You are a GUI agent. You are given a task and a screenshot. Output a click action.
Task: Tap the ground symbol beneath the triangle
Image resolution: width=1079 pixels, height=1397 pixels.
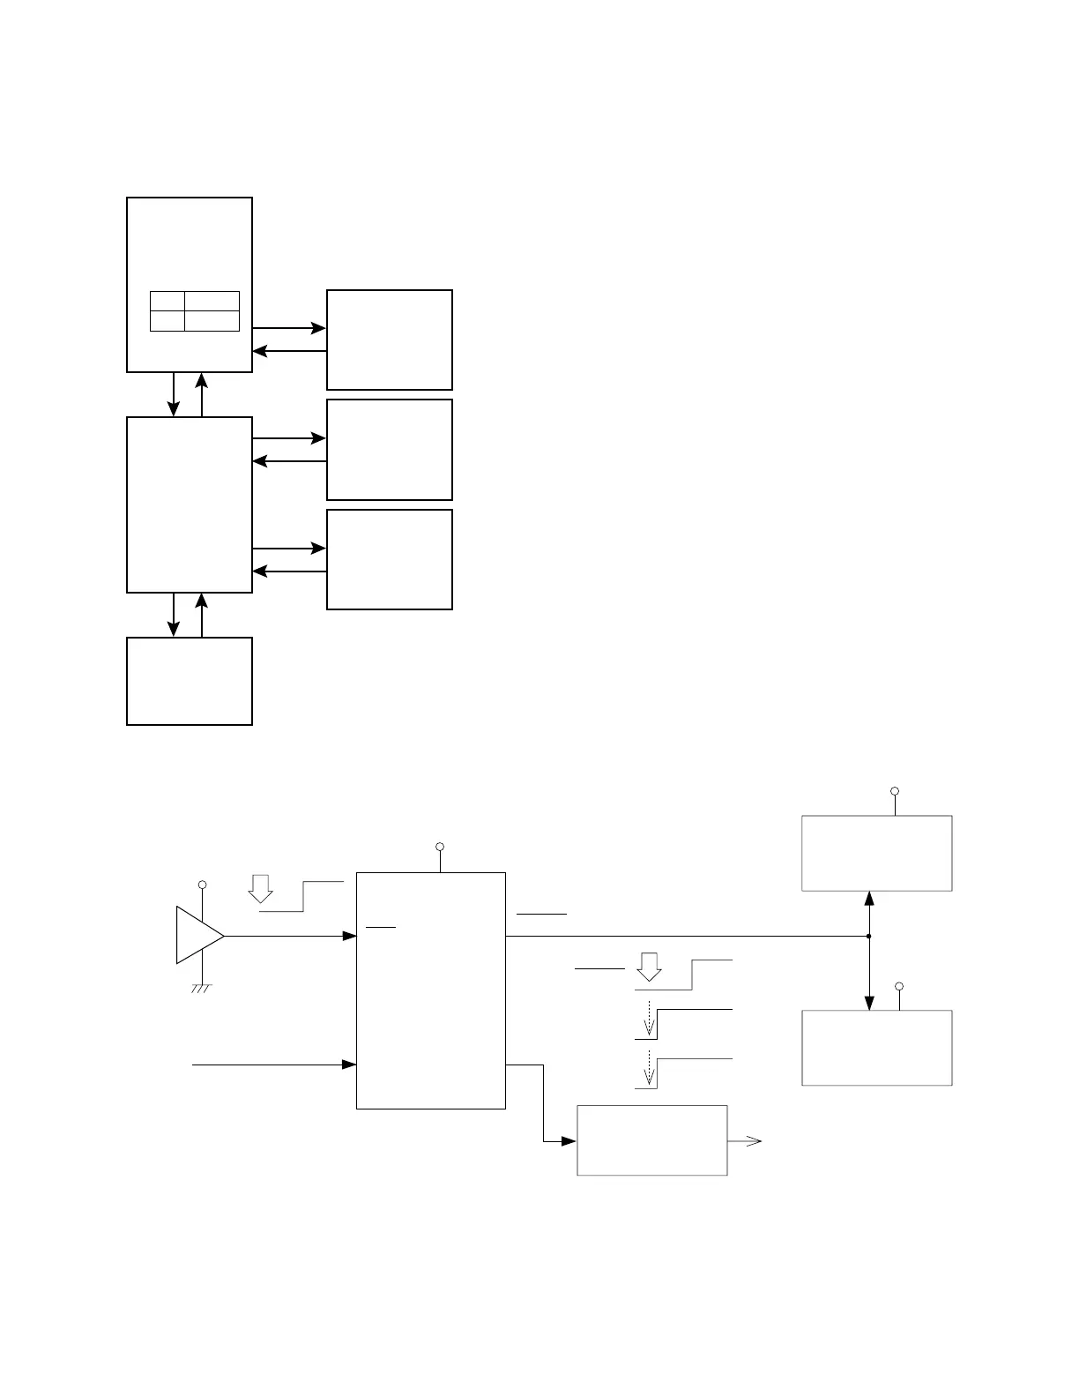pyautogui.click(x=203, y=989)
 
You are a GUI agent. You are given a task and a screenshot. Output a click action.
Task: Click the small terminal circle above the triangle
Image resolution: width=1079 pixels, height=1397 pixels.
pyautogui.click(x=203, y=885)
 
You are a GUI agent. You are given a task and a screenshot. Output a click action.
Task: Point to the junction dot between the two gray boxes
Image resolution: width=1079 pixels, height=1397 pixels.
pyautogui.click(x=869, y=936)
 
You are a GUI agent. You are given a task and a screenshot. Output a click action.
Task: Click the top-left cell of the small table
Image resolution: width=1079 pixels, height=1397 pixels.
pyautogui.click(x=167, y=300)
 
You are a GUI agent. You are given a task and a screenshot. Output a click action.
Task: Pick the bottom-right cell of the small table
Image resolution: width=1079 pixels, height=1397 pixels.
pyautogui.click(x=212, y=321)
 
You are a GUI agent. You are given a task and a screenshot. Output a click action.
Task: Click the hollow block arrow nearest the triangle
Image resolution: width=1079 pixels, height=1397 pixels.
pyautogui.click(x=260, y=888)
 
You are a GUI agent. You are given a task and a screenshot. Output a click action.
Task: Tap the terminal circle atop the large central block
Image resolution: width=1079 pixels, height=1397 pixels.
pyautogui.click(x=440, y=848)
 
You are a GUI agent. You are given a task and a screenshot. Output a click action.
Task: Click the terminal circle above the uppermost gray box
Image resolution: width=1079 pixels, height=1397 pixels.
pyautogui.click(x=895, y=791)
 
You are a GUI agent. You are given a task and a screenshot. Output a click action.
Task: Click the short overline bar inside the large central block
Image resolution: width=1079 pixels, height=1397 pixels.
pyautogui.click(x=381, y=928)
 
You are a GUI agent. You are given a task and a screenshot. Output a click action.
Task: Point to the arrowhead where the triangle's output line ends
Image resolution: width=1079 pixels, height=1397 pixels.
pyautogui.click(x=350, y=936)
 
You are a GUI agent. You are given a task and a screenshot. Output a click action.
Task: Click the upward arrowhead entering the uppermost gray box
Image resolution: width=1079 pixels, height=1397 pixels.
pyautogui.click(x=869, y=898)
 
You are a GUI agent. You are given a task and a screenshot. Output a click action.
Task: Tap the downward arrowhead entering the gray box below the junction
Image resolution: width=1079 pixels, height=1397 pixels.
pyautogui.click(x=869, y=1004)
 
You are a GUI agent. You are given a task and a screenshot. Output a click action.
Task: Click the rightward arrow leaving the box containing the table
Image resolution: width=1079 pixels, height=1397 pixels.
pyautogui.click(x=317, y=328)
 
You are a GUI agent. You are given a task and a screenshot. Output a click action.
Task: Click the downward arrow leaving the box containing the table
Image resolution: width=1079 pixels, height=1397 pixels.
pyautogui.click(x=174, y=408)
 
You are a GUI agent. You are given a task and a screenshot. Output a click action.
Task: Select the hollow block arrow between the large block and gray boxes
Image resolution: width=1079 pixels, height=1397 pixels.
pyautogui.click(x=650, y=967)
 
